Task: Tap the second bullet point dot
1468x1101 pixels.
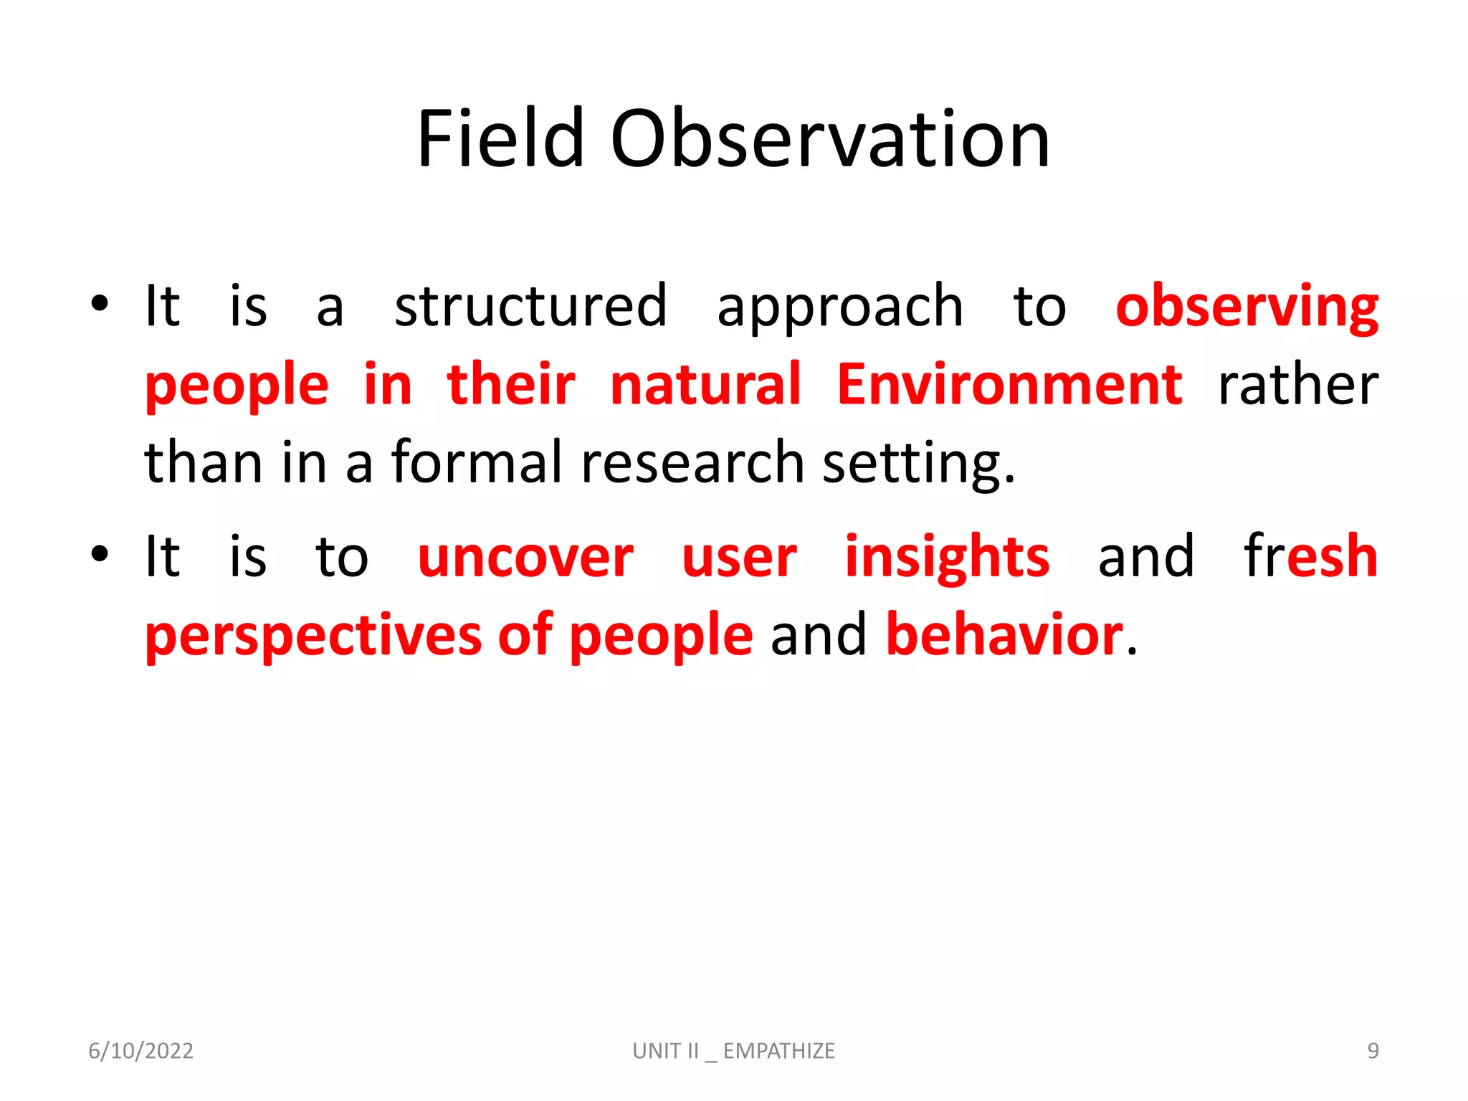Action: pyautogui.click(x=100, y=553)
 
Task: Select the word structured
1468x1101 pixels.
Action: pyautogui.click(x=530, y=307)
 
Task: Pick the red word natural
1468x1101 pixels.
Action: pyautogui.click(x=705, y=385)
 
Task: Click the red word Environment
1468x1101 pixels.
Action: pyautogui.click(x=1009, y=385)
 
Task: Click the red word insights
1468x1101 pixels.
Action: pyautogui.click(x=946, y=557)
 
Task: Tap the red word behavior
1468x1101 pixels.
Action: pyautogui.click(x=1004, y=635)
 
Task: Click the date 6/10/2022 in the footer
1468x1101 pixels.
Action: pyautogui.click(x=140, y=1051)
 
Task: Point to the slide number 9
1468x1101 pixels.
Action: pyautogui.click(x=1373, y=1051)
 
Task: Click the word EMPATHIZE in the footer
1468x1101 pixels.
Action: pyautogui.click(x=778, y=1051)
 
